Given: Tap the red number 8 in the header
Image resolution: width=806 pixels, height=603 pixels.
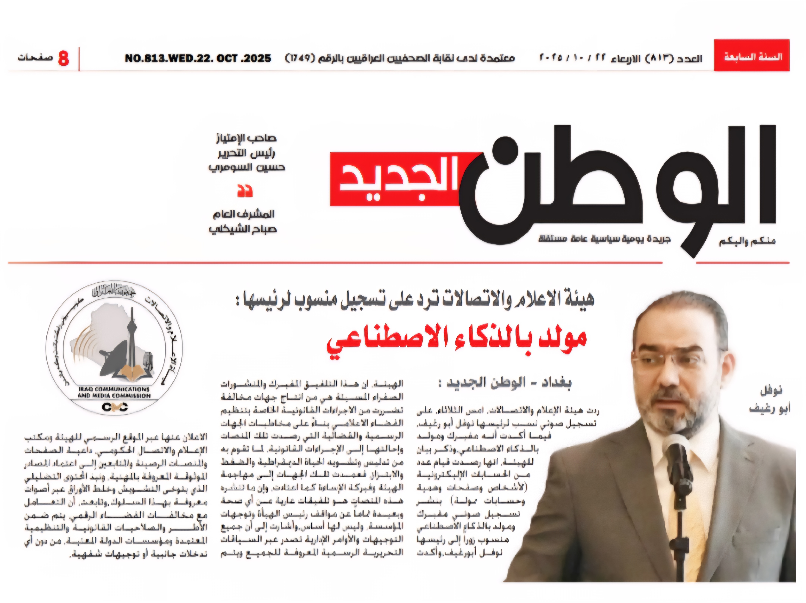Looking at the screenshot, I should pos(63,58).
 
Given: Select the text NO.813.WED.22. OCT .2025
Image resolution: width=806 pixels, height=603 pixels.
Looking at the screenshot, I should pos(198,58).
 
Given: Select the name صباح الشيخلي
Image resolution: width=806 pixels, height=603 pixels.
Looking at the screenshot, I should pos(243,229).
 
